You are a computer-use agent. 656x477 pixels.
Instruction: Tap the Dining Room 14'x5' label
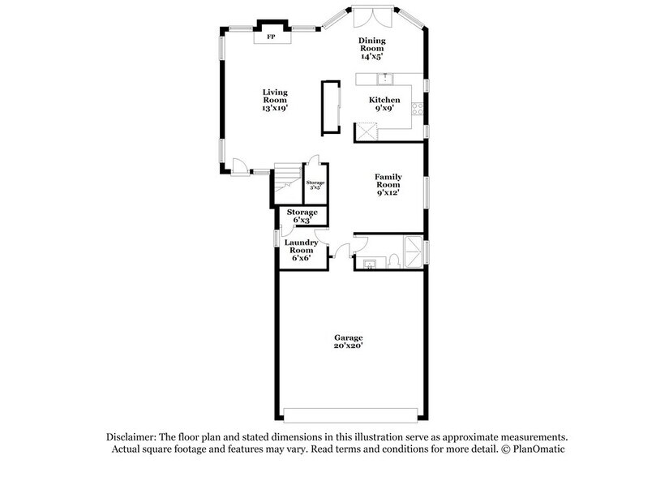(x=371, y=49)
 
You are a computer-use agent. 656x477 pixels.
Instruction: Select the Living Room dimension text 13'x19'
(x=275, y=108)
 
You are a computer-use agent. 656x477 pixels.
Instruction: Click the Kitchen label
(x=384, y=100)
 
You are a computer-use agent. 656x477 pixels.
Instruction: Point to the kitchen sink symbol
(x=386, y=78)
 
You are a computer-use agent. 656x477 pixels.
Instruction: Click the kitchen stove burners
(x=418, y=107)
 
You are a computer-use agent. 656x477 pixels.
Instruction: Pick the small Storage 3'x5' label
(x=315, y=185)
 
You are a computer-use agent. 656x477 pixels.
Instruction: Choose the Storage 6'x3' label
(x=302, y=216)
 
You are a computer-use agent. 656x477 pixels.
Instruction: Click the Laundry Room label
(x=301, y=246)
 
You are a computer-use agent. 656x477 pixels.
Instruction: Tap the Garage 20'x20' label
(x=349, y=341)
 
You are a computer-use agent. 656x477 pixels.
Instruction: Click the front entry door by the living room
(x=239, y=166)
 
